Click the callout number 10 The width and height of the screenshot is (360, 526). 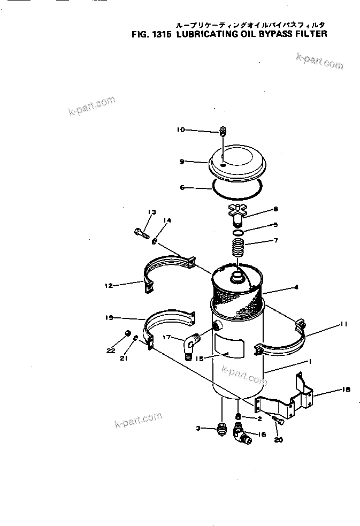click(x=180, y=129)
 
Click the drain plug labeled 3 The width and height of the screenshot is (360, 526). click(x=220, y=429)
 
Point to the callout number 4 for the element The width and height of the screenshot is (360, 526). click(x=296, y=287)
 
